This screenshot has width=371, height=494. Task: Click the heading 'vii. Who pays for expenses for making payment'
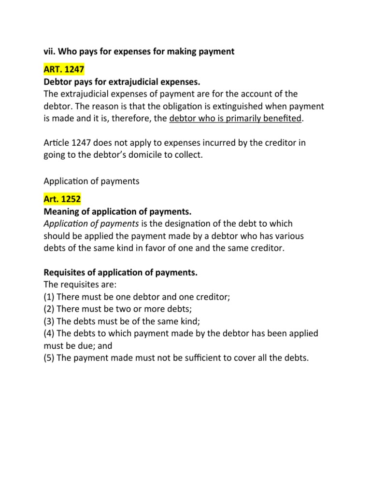point(139,51)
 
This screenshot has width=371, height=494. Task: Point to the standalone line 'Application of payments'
point(91,181)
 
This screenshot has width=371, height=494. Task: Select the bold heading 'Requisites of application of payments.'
point(121,273)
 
